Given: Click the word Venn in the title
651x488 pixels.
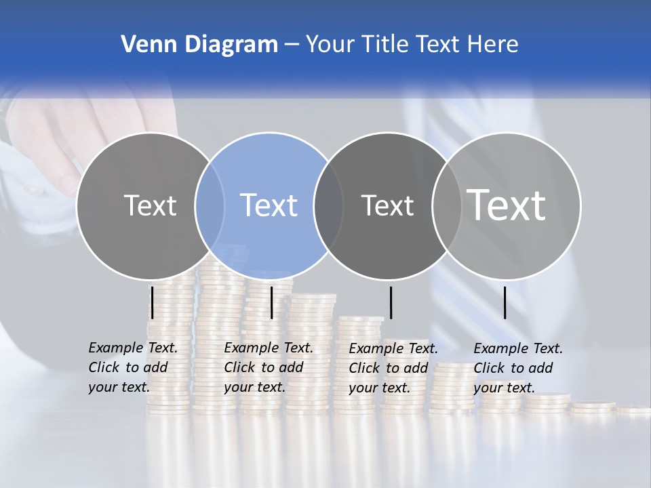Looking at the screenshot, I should [x=144, y=45].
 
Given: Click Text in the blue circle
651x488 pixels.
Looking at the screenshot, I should [x=269, y=205].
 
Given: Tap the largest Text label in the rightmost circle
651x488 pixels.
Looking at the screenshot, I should [x=507, y=205].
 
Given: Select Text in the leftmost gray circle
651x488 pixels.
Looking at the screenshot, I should [x=150, y=205].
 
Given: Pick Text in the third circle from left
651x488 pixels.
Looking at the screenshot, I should [x=387, y=205].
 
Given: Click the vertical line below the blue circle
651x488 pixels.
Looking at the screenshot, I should [x=271, y=302].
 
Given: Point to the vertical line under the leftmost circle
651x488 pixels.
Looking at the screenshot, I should [x=153, y=302].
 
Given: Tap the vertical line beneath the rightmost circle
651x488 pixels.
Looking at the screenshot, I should [x=505, y=302].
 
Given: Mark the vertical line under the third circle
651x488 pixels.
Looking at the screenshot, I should [x=391, y=302].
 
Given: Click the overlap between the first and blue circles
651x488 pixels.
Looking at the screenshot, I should [x=210, y=206].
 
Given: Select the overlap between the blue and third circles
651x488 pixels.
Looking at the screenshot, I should [x=328, y=206].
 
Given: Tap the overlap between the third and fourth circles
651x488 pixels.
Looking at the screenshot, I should [x=446, y=206].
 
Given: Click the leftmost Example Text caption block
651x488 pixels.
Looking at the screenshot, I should [x=133, y=367].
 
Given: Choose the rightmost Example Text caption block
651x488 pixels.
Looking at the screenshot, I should [x=518, y=367].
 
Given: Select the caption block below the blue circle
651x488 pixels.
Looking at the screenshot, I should [x=269, y=367].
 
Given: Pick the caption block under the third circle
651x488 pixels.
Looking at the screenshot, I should [x=393, y=367].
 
